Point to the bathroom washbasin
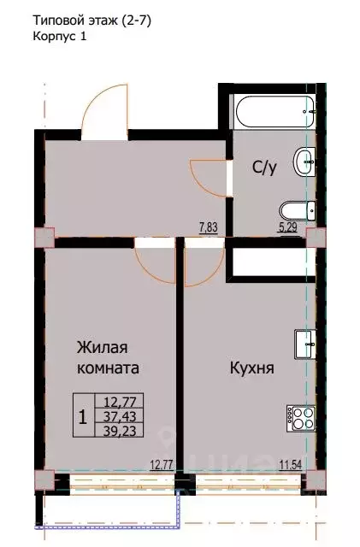304,160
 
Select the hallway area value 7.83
209,227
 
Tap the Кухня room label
251,369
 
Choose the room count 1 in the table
81,417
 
